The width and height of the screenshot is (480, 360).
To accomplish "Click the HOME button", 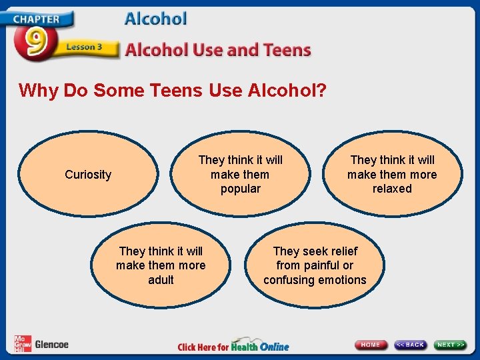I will [x=371, y=345].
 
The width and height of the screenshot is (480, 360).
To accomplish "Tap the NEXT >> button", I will [x=451, y=345].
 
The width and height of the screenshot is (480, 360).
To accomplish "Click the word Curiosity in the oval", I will [x=88, y=175].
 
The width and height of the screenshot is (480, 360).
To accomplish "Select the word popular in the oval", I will [x=241, y=189].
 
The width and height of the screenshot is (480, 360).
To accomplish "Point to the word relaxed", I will [x=392, y=189].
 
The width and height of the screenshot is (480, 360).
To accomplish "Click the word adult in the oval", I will [x=161, y=280].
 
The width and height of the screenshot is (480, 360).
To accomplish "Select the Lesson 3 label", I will [x=84, y=48].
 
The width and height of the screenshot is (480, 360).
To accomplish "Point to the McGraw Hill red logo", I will [x=22, y=343].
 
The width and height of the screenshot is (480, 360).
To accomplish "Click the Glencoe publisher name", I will [x=51, y=345].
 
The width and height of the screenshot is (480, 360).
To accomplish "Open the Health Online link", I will [x=260, y=346].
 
